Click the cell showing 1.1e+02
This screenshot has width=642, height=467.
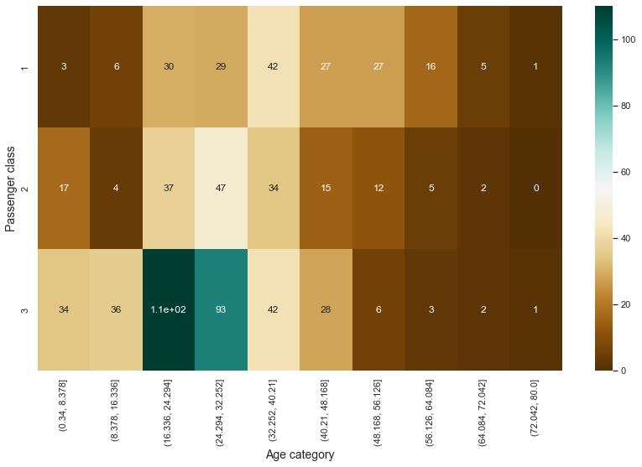(x=169, y=309)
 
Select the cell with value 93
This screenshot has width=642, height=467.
(x=222, y=309)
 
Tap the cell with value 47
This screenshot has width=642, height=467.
(x=222, y=188)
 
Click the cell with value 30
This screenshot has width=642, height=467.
(x=169, y=66)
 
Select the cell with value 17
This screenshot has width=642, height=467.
(x=64, y=188)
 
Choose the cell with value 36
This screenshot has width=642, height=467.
(x=117, y=309)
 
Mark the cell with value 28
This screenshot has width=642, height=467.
(x=326, y=309)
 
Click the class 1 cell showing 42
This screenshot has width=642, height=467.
(x=274, y=66)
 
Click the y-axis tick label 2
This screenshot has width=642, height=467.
(x=25, y=188)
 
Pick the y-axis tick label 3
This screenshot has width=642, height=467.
(x=25, y=309)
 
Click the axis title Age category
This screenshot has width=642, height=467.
(x=300, y=454)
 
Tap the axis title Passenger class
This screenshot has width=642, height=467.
(x=10, y=188)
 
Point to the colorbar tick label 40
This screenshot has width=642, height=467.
(x=625, y=238)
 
